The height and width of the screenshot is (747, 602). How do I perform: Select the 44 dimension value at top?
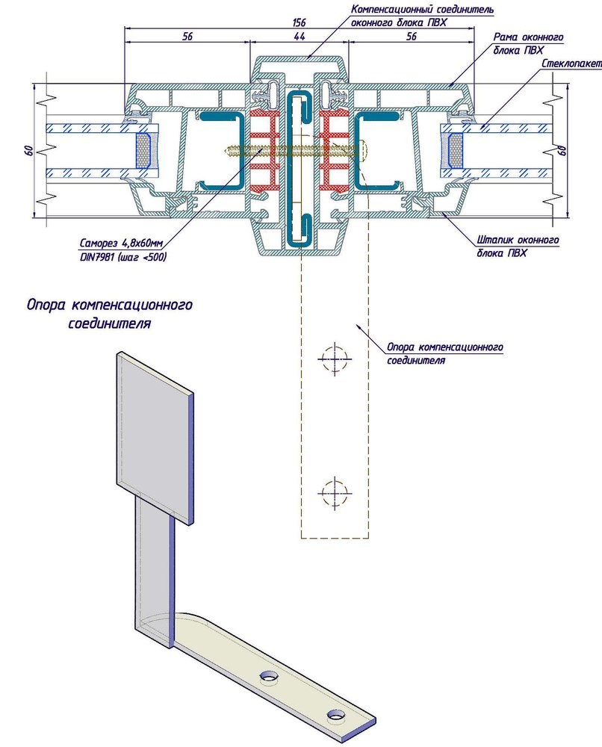(x=299, y=37)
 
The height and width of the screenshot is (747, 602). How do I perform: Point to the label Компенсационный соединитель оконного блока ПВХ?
(x=422, y=15)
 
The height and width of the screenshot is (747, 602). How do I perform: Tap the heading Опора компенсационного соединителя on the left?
(x=110, y=314)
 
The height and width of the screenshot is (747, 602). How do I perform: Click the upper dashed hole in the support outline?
(x=334, y=359)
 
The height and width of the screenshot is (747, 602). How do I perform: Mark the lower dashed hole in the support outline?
(x=334, y=491)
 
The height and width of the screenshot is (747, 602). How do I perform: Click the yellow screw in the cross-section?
(x=246, y=152)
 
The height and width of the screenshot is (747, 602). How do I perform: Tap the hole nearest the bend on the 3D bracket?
(x=267, y=677)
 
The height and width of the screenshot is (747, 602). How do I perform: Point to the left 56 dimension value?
(x=186, y=37)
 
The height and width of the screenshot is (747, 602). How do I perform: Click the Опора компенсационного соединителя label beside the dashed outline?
(x=445, y=353)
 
